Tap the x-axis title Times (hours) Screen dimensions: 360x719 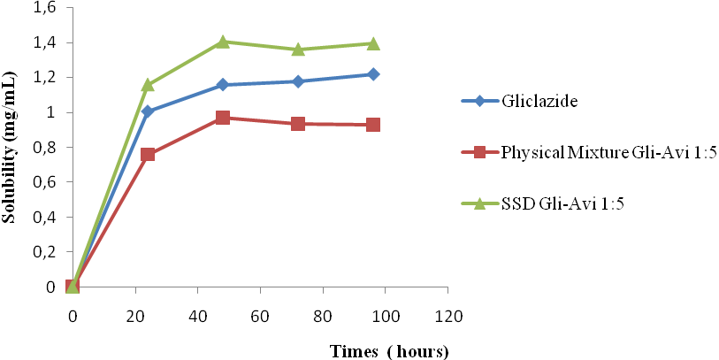coord(389,351)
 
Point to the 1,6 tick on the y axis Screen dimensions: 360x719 coord(43,8)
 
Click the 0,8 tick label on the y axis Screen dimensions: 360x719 coord(43,148)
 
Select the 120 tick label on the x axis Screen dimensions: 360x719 coord(447,316)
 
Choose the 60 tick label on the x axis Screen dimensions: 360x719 coord(260,316)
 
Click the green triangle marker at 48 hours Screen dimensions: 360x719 coord(223,42)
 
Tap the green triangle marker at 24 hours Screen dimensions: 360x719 coord(148,85)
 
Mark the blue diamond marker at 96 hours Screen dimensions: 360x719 coord(373,74)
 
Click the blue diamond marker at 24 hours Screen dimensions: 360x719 coord(148,111)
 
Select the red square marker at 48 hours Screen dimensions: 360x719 coord(223,118)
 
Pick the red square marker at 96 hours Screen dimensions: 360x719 coord(373,125)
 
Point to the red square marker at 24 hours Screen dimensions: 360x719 coord(148,154)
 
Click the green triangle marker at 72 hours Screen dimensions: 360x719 coord(298,49)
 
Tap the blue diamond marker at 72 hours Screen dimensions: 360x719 coord(298,81)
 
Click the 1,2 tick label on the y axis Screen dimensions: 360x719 coord(43,78)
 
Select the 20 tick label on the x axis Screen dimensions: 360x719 coord(135,316)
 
